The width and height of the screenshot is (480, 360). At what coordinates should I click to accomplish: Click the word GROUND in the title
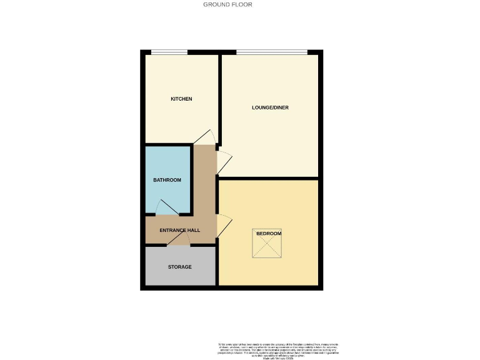coord(213,4)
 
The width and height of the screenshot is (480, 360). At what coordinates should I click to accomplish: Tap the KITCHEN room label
coord(181,99)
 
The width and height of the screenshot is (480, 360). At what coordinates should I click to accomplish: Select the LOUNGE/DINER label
coord(270,107)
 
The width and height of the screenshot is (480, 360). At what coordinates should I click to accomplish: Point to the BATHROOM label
coord(167,180)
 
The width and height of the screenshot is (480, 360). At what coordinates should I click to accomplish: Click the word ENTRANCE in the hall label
coord(172,230)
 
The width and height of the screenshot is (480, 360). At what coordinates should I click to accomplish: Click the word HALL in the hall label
coord(194,230)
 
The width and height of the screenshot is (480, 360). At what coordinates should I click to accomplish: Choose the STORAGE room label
coord(179,267)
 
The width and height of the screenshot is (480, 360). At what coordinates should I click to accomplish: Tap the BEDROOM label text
coord(269,234)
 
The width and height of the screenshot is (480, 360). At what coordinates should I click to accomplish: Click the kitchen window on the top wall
coord(169,51)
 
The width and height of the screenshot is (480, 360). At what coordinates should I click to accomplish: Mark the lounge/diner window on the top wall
coord(271,51)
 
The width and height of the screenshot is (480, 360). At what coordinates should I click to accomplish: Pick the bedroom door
coord(224,226)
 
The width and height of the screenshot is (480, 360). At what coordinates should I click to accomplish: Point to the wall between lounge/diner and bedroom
coord(269,179)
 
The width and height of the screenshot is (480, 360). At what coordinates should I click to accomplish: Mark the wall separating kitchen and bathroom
coord(169,145)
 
